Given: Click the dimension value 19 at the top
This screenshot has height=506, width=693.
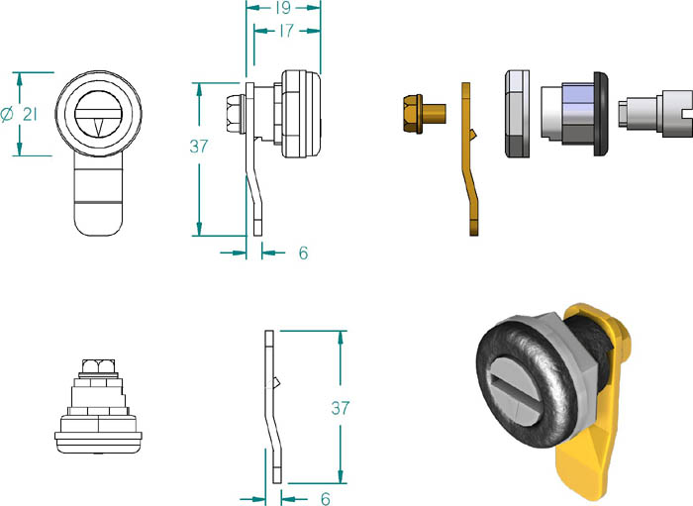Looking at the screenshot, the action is (283, 8).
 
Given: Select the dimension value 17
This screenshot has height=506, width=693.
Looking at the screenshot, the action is (286, 31).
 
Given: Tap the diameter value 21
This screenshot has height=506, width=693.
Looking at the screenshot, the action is (30, 115).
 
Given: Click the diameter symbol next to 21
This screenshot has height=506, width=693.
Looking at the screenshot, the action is (7, 115).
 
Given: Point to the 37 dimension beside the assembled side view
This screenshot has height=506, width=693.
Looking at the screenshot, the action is (198, 147).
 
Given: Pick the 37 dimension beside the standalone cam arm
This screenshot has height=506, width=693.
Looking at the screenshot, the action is (341, 408).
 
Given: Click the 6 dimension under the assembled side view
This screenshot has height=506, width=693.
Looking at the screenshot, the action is (303, 253).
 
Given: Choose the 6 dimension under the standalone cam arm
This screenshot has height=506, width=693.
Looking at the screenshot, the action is (326, 499).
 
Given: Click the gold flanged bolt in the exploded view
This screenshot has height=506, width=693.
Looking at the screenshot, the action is (425, 114).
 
